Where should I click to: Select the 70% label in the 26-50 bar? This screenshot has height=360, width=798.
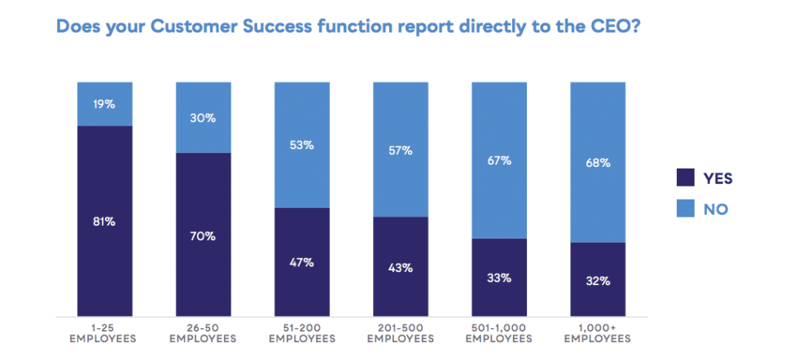click(x=203, y=236)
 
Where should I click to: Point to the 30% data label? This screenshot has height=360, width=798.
click(x=203, y=117)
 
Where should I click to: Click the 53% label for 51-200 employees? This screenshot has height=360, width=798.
click(x=301, y=145)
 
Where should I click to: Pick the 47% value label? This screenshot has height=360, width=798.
click(x=301, y=262)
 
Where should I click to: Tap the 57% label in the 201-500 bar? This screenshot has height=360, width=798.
click(x=400, y=150)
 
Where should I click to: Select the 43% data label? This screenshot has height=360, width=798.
click(x=400, y=267)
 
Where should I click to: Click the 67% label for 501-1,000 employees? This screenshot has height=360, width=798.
click(x=498, y=160)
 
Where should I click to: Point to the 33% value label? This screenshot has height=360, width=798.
click(x=498, y=278)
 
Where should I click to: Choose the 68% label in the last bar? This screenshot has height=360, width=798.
click(x=597, y=162)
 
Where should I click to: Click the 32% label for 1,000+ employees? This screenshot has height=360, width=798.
click(x=597, y=281)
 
